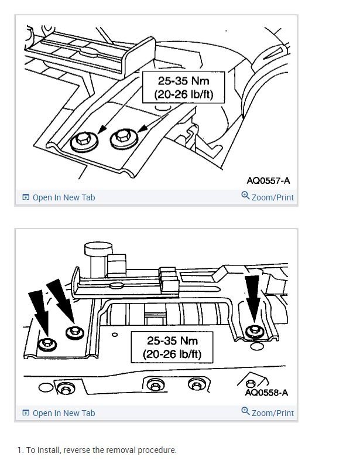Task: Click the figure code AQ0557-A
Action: (x=268, y=180)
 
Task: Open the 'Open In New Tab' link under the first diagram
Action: (x=63, y=197)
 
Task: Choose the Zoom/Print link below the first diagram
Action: (x=272, y=197)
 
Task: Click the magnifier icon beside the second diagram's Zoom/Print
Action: (x=245, y=412)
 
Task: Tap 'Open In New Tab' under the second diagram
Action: (x=63, y=413)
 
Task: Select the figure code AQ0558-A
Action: (x=267, y=392)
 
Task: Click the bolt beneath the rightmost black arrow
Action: (x=253, y=332)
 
